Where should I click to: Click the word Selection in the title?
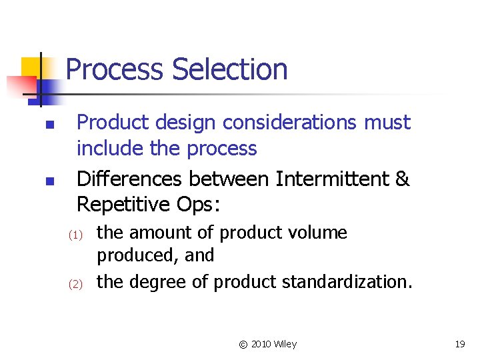pos(229,69)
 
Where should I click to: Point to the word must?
pos(388,123)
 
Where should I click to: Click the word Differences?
pos(131,179)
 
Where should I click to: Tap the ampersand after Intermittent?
pos(402,179)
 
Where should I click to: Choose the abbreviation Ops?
pos(196,204)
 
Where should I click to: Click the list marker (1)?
pos(75,235)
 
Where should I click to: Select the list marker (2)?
pos(75,284)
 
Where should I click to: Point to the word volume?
pos(321,233)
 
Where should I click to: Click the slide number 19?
pos(459,344)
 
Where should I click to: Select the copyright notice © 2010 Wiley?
pos(267,344)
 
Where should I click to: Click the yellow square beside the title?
pos(31,68)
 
